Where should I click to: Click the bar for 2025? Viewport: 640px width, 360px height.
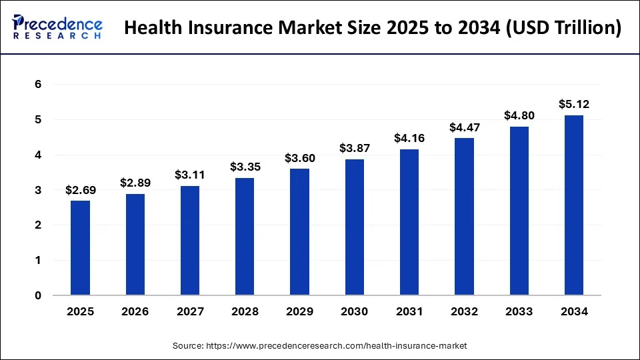click(x=81, y=248)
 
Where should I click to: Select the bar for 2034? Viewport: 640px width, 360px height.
click(x=573, y=205)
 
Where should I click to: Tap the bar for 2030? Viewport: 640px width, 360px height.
click(x=355, y=227)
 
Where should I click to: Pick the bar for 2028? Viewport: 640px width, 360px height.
click(x=245, y=237)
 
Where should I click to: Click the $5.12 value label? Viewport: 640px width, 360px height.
click(x=573, y=104)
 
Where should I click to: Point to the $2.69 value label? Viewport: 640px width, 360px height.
click(x=81, y=190)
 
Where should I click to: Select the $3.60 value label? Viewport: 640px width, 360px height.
click(x=300, y=158)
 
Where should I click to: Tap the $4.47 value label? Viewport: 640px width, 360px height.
click(x=464, y=127)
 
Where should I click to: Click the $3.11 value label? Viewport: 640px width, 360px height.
click(x=190, y=175)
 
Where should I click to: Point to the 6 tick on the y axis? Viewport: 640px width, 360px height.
click(x=38, y=85)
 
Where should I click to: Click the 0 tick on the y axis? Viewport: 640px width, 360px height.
click(x=38, y=295)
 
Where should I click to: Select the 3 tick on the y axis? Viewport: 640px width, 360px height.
click(x=38, y=190)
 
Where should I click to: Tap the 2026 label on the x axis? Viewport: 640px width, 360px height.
click(x=135, y=311)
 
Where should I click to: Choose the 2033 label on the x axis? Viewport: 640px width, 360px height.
click(x=519, y=311)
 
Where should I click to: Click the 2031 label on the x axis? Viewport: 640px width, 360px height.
click(x=409, y=311)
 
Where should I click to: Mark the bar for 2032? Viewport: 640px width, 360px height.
click(x=464, y=217)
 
